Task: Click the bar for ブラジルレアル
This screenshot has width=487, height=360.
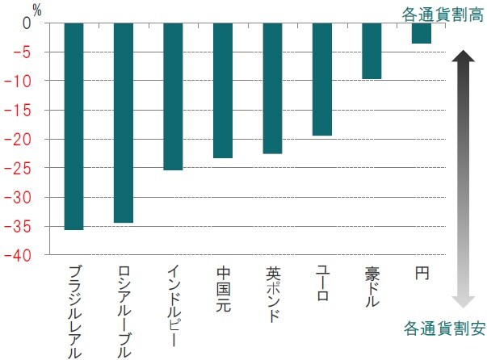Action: pyautogui.click(x=73, y=127)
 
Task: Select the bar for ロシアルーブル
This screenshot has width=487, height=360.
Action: pyautogui.click(x=124, y=123)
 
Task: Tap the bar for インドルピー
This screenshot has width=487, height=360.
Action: pyautogui.click(x=173, y=97)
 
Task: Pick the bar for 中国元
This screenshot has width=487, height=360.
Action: pyautogui.click(x=223, y=90)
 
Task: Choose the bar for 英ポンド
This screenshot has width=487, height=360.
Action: pyautogui.click(x=272, y=88)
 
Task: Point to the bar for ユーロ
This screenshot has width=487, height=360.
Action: pyautogui.click(x=321, y=79)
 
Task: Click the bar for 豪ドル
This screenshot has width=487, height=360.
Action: pyautogui.click(x=372, y=51)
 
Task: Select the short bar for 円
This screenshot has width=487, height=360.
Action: pyautogui.click(x=421, y=33)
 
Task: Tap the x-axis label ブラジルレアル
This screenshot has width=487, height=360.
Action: pyautogui.click(x=74, y=311)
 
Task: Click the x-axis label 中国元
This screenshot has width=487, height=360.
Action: pyautogui.click(x=224, y=289)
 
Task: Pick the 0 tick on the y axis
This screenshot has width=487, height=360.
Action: pyautogui.click(x=25, y=23)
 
